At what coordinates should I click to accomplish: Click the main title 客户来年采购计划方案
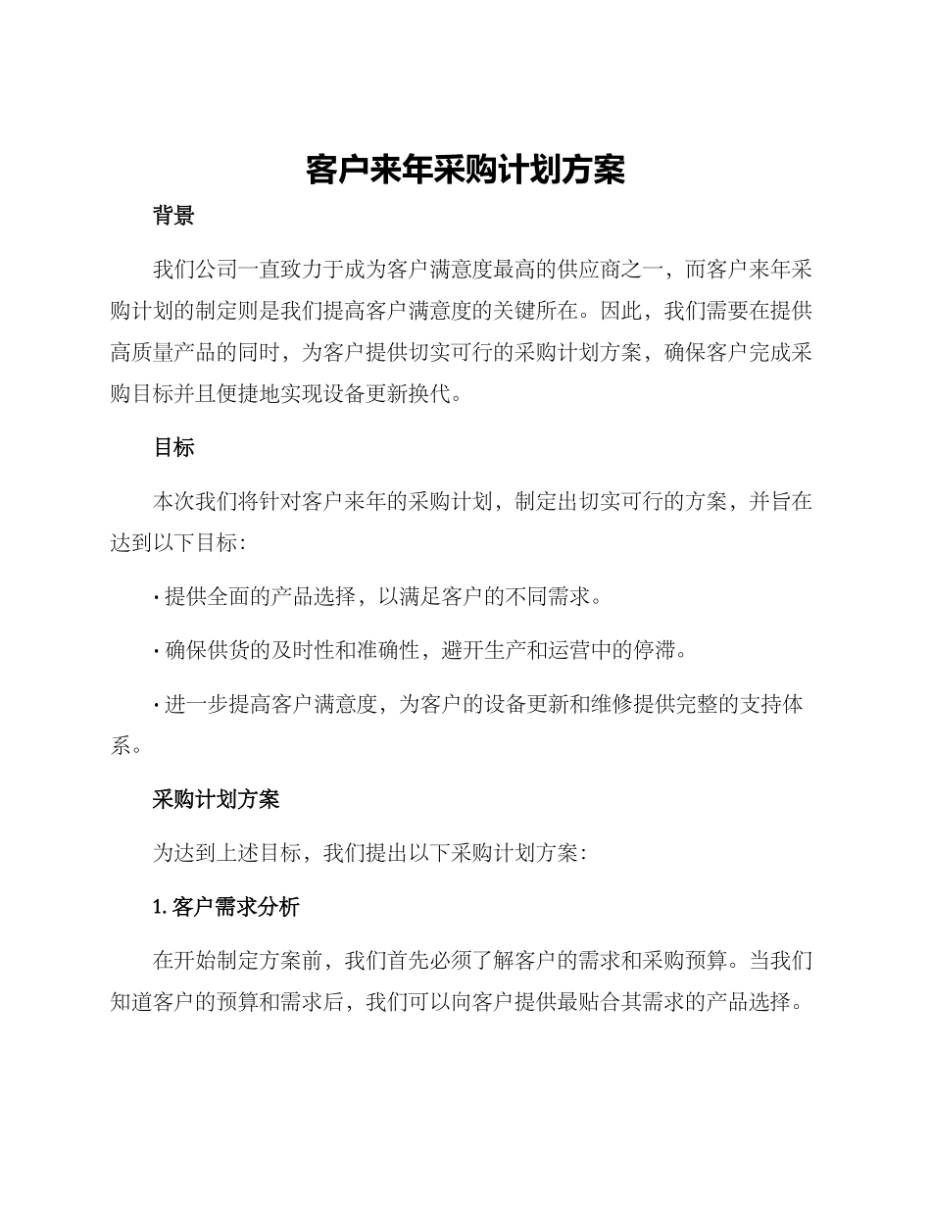pos(465,170)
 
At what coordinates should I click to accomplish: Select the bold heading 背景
pos(173,217)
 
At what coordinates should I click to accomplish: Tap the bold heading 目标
pos(173,448)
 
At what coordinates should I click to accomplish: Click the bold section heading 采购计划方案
pos(216,799)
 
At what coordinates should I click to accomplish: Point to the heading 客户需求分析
pos(235,907)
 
